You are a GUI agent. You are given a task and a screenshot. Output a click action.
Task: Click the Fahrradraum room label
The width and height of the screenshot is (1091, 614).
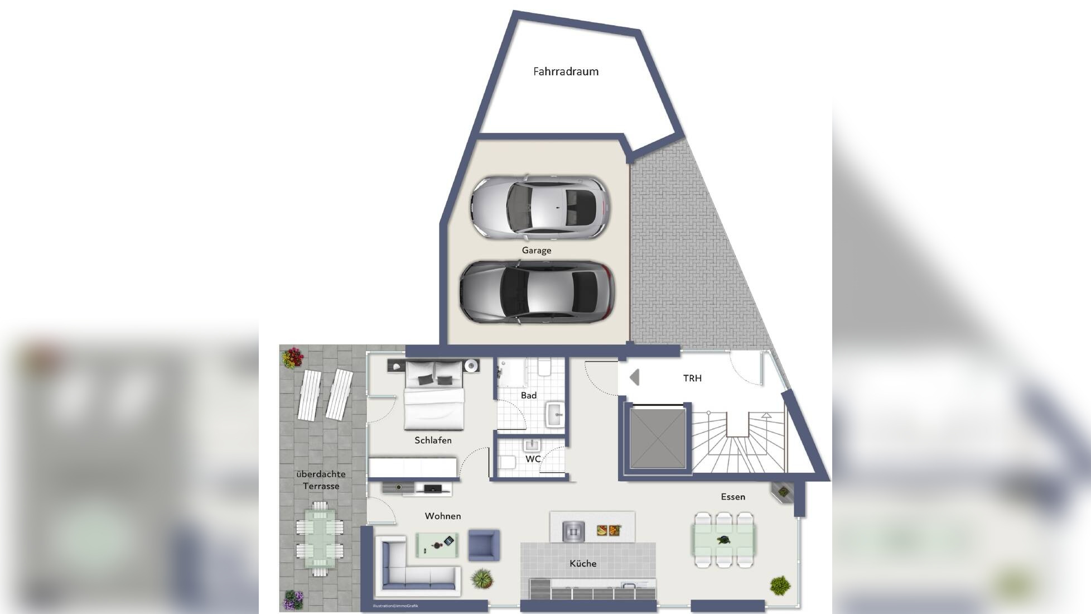566,71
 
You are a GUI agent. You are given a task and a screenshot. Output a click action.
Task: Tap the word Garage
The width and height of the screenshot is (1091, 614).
537,251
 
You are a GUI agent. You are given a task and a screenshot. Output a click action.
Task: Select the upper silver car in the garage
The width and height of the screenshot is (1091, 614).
539,207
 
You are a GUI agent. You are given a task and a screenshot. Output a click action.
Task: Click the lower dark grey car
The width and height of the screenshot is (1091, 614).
537,292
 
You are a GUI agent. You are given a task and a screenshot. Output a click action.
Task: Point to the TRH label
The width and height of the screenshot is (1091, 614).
692,378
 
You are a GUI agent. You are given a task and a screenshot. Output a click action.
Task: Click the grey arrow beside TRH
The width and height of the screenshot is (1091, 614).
634,378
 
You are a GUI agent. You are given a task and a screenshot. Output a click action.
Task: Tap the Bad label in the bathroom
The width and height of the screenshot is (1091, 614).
528,396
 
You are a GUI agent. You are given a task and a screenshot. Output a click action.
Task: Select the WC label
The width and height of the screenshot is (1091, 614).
533,459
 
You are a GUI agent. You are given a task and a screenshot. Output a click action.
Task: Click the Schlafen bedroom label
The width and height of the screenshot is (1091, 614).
433,440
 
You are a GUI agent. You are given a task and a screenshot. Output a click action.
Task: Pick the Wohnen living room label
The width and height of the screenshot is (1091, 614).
443,516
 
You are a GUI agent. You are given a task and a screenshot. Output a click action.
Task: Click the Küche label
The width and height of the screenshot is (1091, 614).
583,564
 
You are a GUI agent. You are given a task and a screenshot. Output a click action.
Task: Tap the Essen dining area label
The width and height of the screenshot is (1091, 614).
733,497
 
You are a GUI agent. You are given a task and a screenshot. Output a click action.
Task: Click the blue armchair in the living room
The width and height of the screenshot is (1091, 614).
484,545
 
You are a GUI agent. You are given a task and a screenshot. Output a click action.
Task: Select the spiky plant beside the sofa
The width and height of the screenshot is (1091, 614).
482,579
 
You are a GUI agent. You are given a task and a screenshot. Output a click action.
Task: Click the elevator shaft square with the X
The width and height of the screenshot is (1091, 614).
658,439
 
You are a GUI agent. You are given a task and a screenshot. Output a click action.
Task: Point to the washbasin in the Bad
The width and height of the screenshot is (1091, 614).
556,414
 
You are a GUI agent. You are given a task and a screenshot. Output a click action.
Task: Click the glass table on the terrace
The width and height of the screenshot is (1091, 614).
320,538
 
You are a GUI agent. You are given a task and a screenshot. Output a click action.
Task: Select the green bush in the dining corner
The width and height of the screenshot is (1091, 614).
780,586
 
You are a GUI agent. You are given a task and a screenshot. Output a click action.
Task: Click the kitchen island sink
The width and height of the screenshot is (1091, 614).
573,531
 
